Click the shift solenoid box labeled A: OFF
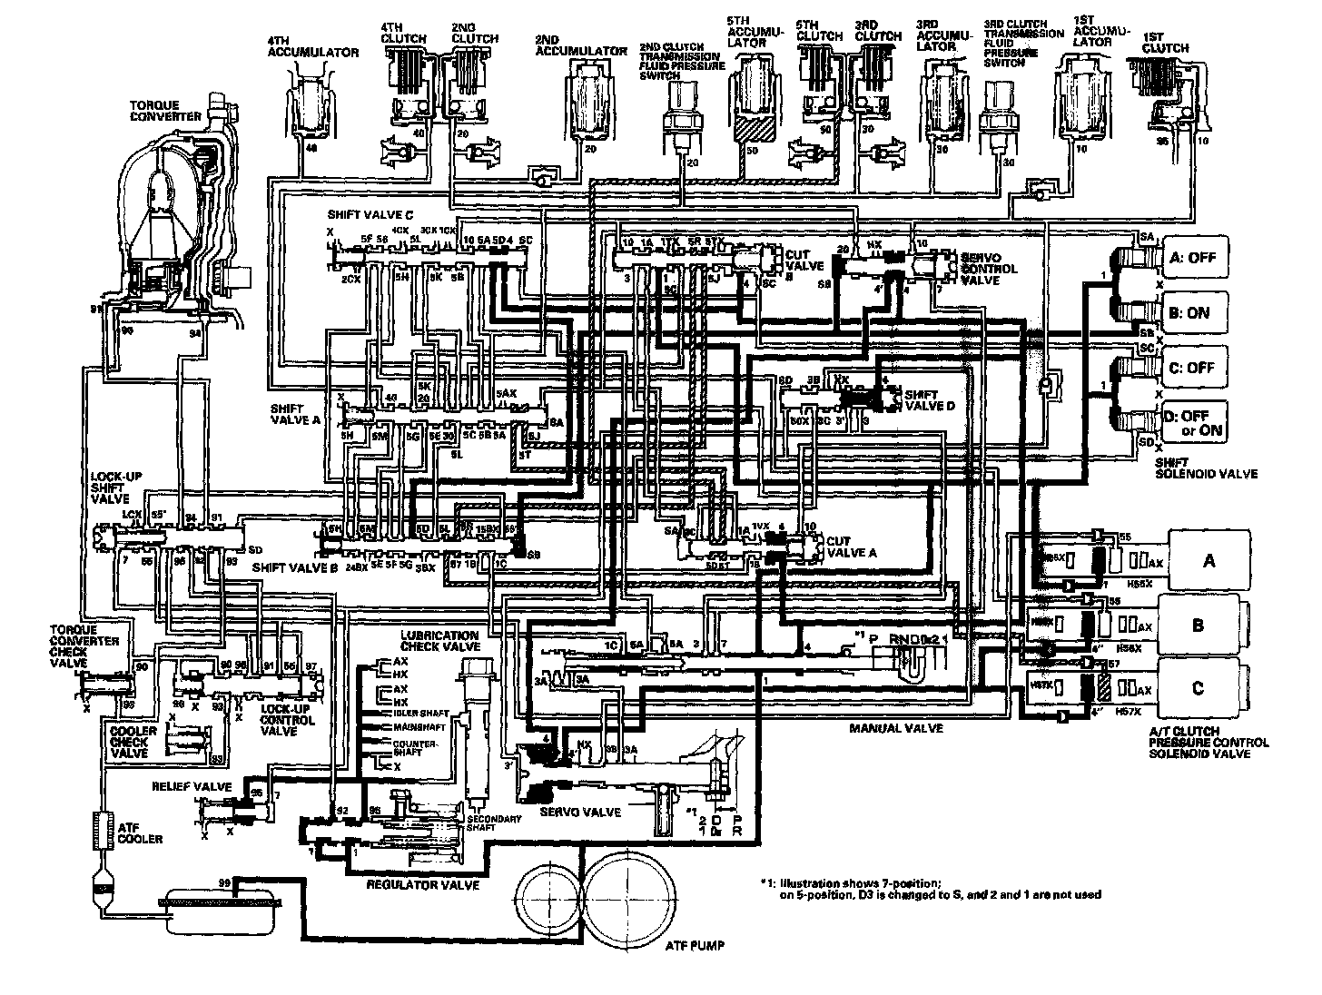(1193, 257)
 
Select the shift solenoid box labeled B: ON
(1193, 312)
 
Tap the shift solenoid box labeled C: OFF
(1193, 368)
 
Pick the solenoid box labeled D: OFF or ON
(1193, 422)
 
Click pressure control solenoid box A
(1208, 560)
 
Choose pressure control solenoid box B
(1199, 625)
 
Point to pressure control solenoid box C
(1199, 687)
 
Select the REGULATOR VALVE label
(421, 883)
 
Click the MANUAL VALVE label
(896, 728)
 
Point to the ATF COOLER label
(140, 832)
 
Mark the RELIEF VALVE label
(192, 786)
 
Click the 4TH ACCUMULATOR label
(312, 47)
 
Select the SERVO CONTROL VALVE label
(990, 269)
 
